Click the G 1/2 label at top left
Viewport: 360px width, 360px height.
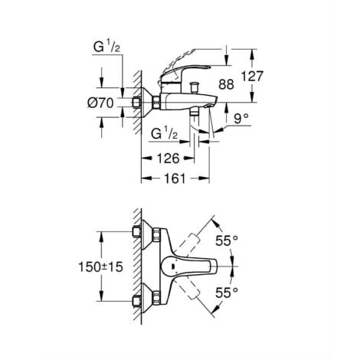(108, 47)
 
